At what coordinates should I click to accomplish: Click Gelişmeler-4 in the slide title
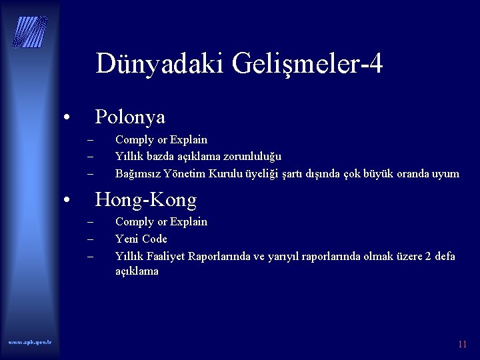coord(308,64)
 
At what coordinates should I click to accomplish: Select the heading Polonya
coord(130,117)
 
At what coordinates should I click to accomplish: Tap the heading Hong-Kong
coord(146,199)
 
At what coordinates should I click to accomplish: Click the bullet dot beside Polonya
coord(67,119)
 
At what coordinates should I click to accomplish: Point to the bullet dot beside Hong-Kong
coord(67,201)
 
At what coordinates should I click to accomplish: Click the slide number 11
coord(462,345)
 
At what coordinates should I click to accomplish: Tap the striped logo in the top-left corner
coord(31,31)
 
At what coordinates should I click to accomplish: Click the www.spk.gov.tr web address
coord(31,342)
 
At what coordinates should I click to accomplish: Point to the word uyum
coord(445,174)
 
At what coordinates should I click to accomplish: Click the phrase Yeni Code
coord(141,239)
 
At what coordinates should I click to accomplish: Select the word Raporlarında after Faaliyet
coord(222,256)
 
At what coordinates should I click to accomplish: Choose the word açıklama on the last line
coord(137,271)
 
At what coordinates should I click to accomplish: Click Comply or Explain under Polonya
coord(161,140)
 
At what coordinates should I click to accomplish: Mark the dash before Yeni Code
coord(90,239)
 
